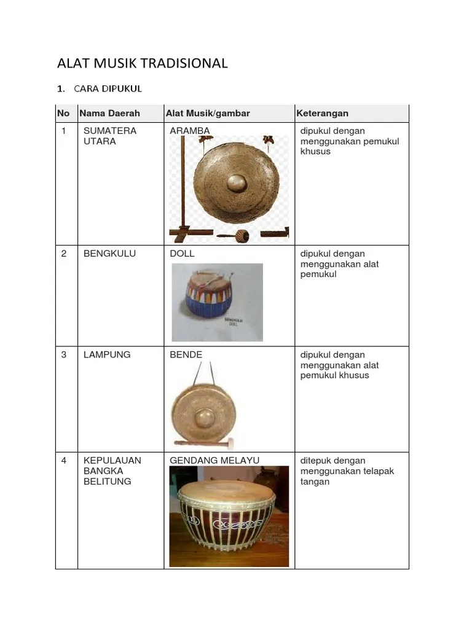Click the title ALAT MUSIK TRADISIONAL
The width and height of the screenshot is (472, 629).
[x=142, y=63]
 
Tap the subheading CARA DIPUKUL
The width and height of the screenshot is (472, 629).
[x=108, y=88]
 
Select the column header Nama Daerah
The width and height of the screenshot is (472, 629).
[x=109, y=113]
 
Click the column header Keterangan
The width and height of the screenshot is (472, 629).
[x=322, y=113]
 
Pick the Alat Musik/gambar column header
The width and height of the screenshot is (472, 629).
[x=208, y=113]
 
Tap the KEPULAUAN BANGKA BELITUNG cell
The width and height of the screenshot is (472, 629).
[x=112, y=471]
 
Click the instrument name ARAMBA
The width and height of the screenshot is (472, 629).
[x=190, y=131]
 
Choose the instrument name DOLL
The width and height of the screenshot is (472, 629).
[x=182, y=253]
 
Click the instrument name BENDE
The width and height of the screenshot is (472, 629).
[x=186, y=354]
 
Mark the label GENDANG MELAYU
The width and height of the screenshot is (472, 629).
[x=214, y=460]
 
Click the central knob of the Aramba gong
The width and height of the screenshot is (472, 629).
[x=237, y=182]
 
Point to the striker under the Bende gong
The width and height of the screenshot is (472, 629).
[x=203, y=442]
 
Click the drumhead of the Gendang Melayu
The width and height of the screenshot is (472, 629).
[x=225, y=492]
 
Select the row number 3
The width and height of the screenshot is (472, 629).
[x=64, y=354]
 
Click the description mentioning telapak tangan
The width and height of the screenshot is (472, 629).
[x=347, y=471]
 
